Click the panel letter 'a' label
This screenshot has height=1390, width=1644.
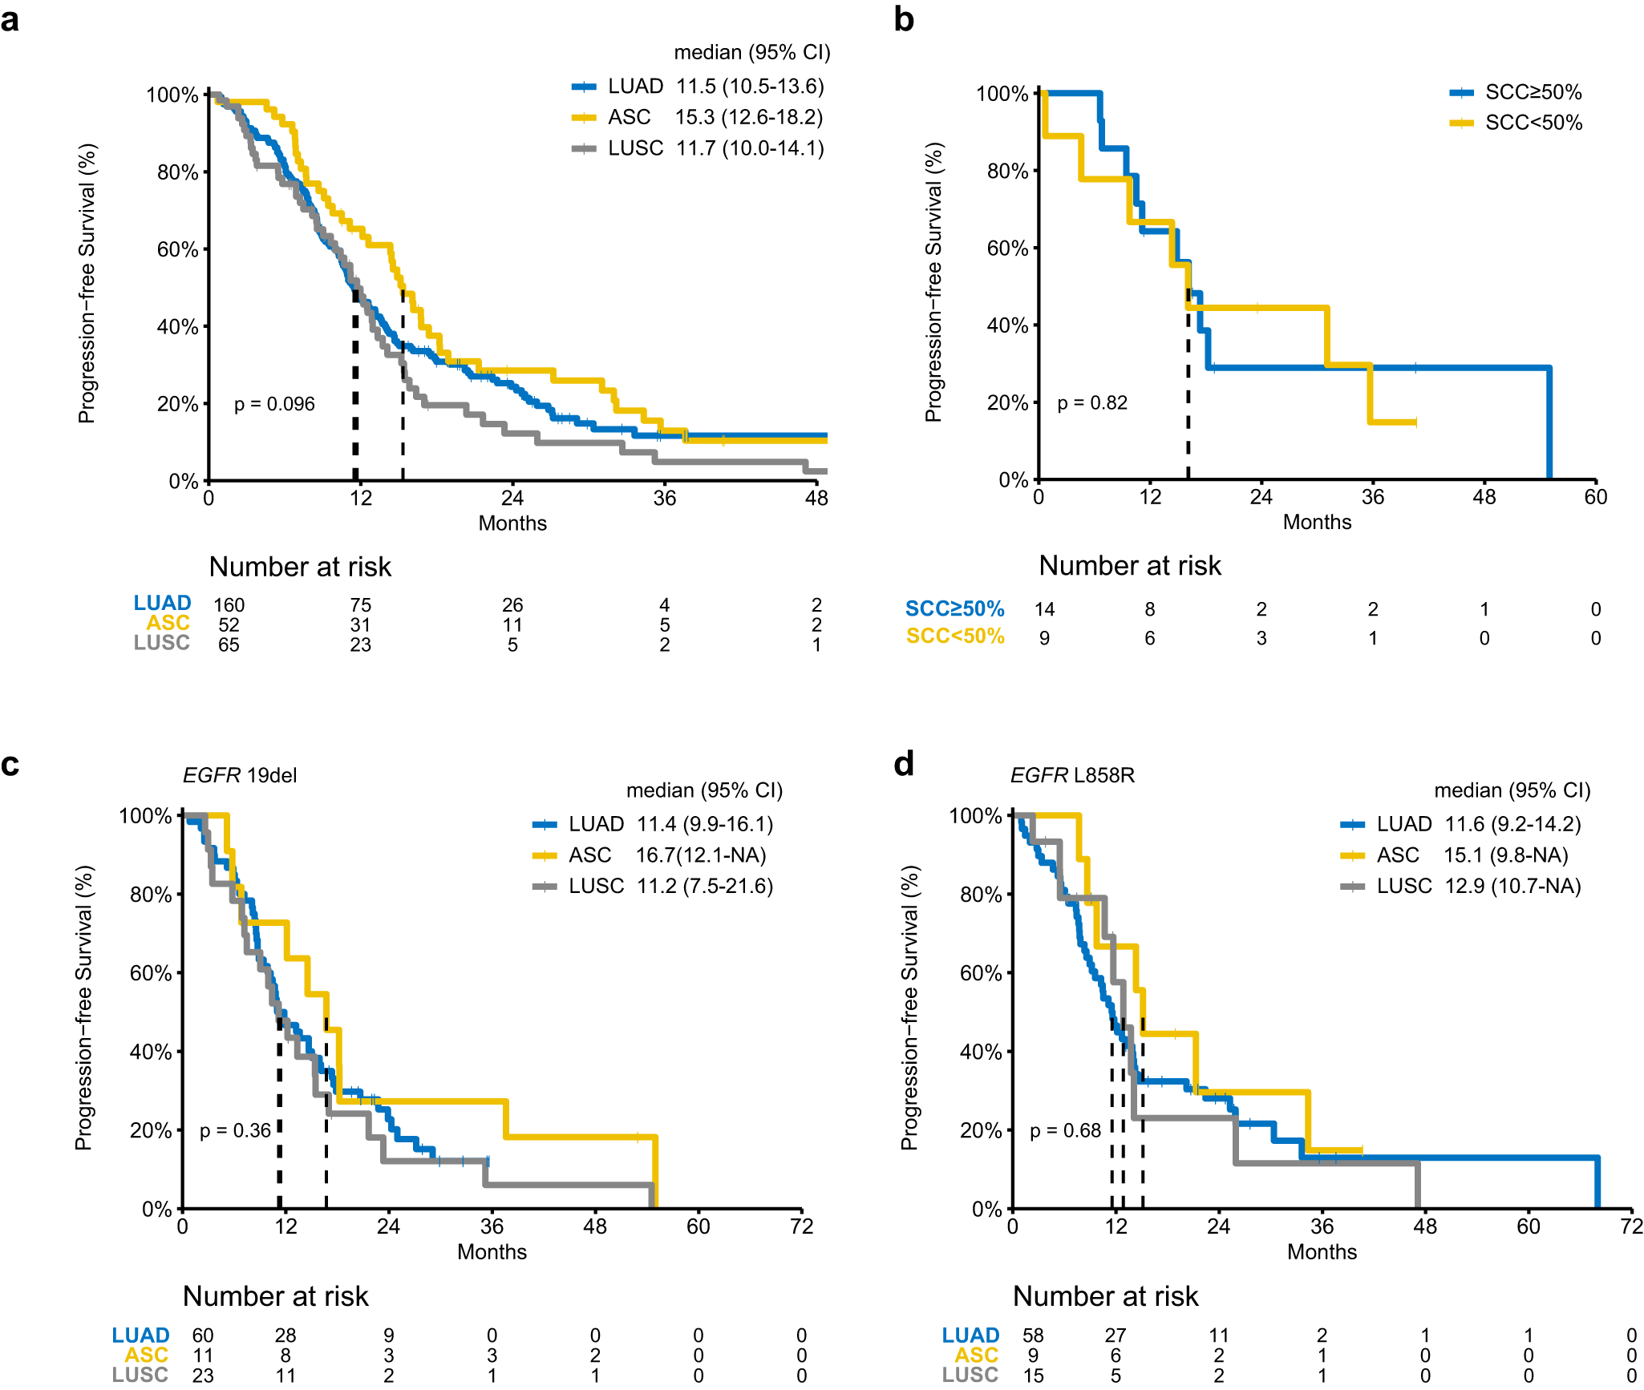tap(10, 19)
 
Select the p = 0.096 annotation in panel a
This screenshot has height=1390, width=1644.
tap(274, 404)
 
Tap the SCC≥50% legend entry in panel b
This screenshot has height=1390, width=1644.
tap(1516, 92)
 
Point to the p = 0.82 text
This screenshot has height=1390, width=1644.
tap(1092, 402)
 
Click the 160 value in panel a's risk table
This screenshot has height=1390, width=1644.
tap(229, 604)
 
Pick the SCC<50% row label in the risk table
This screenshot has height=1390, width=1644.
tap(955, 636)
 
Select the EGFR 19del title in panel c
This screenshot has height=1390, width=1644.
tap(240, 775)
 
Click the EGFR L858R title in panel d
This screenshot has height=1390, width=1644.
tap(1072, 775)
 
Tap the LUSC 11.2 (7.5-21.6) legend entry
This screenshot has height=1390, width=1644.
tap(653, 886)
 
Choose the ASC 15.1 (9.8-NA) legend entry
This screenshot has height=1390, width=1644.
tap(1454, 855)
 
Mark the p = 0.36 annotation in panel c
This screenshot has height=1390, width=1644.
tap(235, 1130)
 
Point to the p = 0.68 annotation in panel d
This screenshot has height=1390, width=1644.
tap(1065, 1130)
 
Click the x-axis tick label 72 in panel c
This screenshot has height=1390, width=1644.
tap(801, 1226)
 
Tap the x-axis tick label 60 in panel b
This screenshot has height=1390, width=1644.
tap(1595, 497)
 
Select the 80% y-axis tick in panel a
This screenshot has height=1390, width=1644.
tap(177, 172)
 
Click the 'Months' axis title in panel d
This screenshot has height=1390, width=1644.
tap(1322, 1252)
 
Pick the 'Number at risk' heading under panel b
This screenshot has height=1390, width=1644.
tap(1130, 566)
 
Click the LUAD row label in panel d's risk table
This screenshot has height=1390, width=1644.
tap(970, 1335)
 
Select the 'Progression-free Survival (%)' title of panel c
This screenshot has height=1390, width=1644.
tap(84, 1008)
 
